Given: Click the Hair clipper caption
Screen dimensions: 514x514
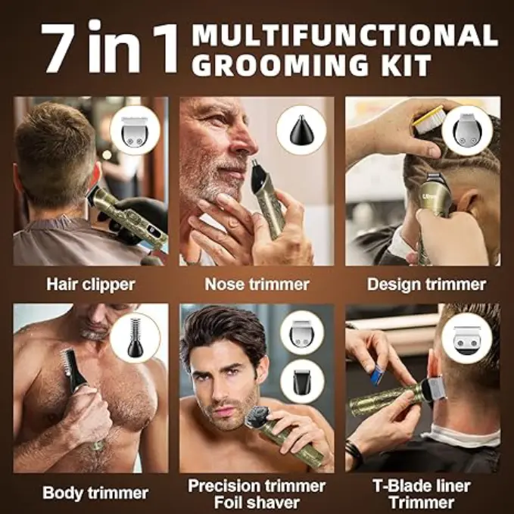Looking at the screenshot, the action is tap(91, 284).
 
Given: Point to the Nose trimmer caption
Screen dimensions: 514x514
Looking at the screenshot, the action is tap(257, 284).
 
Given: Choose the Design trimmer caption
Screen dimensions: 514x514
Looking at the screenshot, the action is tap(426, 284).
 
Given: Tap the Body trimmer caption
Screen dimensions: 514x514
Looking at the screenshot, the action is tap(95, 493).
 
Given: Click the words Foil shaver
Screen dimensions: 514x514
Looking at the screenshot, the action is tap(257, 502).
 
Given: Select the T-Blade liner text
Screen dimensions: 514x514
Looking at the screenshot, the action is tap(422, 486).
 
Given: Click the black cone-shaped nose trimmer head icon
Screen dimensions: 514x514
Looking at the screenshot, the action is tap(301, 131).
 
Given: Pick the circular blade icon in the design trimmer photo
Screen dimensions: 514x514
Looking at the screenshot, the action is tap(467, 131).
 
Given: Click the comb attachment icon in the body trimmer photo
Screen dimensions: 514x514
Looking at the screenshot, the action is tap(135, 337).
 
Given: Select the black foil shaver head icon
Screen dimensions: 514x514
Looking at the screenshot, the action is tap(302, 382).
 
